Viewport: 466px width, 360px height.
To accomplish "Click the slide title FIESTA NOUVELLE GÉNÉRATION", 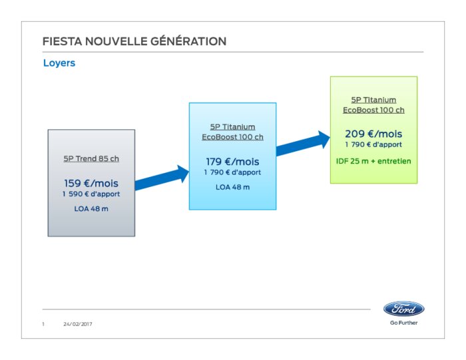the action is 134,41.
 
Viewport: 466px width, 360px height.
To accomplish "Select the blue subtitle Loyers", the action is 59,63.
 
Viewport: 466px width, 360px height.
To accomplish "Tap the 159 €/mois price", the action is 91,183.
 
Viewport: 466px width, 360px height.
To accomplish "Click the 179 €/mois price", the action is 232,162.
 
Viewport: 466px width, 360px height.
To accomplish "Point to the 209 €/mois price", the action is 373,134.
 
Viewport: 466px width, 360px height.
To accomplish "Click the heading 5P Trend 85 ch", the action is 91,158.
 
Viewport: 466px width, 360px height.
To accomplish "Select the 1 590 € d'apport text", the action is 91,194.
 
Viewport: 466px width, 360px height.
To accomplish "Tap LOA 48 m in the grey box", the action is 91,209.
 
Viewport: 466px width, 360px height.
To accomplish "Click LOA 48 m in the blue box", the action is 233,187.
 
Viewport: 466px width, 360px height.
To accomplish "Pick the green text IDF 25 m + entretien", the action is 373,161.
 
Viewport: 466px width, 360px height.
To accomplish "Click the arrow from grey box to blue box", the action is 162,178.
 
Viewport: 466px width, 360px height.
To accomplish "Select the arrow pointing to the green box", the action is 303,143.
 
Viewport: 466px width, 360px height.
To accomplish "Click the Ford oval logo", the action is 404,309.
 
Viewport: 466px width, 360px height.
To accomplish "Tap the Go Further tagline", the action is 404,323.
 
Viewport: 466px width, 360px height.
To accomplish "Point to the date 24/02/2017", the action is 78,324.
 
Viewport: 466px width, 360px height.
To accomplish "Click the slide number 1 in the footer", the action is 43,324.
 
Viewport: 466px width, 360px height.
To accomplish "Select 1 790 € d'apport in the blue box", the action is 232,172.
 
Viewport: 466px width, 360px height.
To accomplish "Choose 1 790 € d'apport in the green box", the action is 373,144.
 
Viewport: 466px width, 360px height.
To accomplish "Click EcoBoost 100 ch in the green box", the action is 373,110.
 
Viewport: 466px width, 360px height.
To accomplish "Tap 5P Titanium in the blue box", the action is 232,127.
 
